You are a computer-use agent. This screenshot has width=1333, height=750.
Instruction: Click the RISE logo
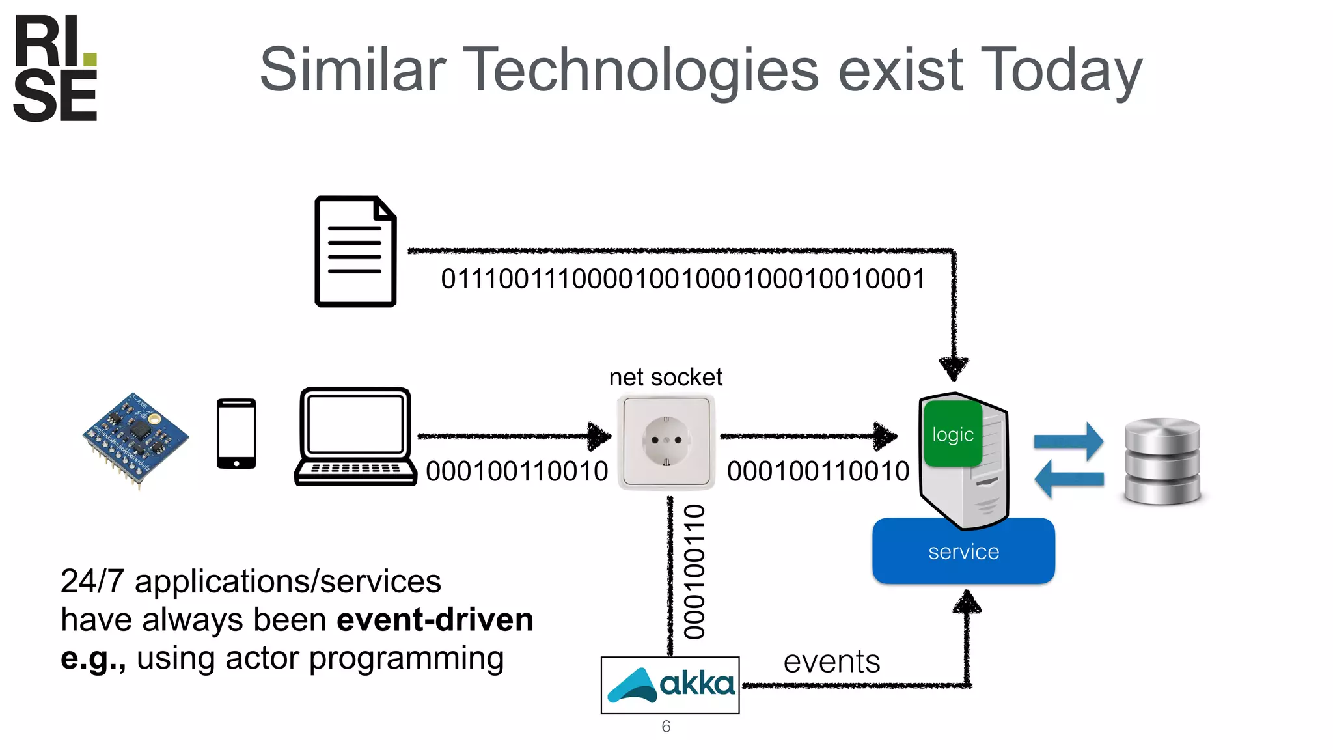pos(55,68)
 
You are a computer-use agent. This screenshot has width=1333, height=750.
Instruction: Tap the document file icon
pos(355,251)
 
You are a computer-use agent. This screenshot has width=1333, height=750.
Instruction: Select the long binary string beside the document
pos(682,279)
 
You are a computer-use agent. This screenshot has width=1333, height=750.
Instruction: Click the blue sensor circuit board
pos(135,439)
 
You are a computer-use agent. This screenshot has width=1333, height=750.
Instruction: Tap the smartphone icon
pos(236,434)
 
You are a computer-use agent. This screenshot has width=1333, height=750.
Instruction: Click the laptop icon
pos(355,436)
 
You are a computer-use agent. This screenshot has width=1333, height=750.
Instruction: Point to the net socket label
pos(665,377)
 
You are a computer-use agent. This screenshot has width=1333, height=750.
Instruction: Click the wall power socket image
pos(666,441)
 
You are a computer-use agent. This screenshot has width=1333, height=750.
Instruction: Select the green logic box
pos(952,434)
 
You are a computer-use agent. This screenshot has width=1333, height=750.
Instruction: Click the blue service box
pos(963,551)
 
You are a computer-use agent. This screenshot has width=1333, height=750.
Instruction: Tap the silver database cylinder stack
pos(1162,461)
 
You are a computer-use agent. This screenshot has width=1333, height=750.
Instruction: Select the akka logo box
pos(670,685)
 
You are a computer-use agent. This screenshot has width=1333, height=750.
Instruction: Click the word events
pos(831,662)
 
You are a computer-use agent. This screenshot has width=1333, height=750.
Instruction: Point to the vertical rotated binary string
pos(694,572)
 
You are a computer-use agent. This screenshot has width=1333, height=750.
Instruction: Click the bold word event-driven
pos(435,619)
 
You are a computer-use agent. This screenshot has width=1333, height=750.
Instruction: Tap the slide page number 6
pos(665,727)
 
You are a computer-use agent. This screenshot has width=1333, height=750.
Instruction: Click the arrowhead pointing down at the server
pos(954,368)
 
